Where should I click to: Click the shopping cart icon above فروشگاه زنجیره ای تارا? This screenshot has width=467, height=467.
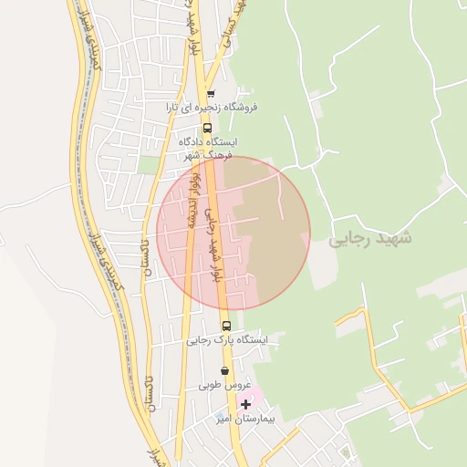click(211, 93)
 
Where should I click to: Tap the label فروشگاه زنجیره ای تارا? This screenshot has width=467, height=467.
click(212, 107)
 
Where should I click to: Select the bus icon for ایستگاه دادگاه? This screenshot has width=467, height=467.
click(207, 129)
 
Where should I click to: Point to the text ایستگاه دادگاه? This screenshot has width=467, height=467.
click(210, 142)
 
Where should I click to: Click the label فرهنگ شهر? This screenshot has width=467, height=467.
click(203, 155)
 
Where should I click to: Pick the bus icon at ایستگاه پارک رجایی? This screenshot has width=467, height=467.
click(226, 326)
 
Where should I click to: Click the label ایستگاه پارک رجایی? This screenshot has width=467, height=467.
click(228, 340)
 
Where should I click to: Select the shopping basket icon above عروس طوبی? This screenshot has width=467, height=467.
click(224, 371)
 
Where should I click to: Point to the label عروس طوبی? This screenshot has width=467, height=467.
click(224, 386)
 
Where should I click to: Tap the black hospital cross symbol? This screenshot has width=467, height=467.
click(245, 404)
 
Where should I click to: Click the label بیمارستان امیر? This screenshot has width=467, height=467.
click(244, 419)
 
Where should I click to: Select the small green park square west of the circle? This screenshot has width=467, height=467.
click(148, 165)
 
